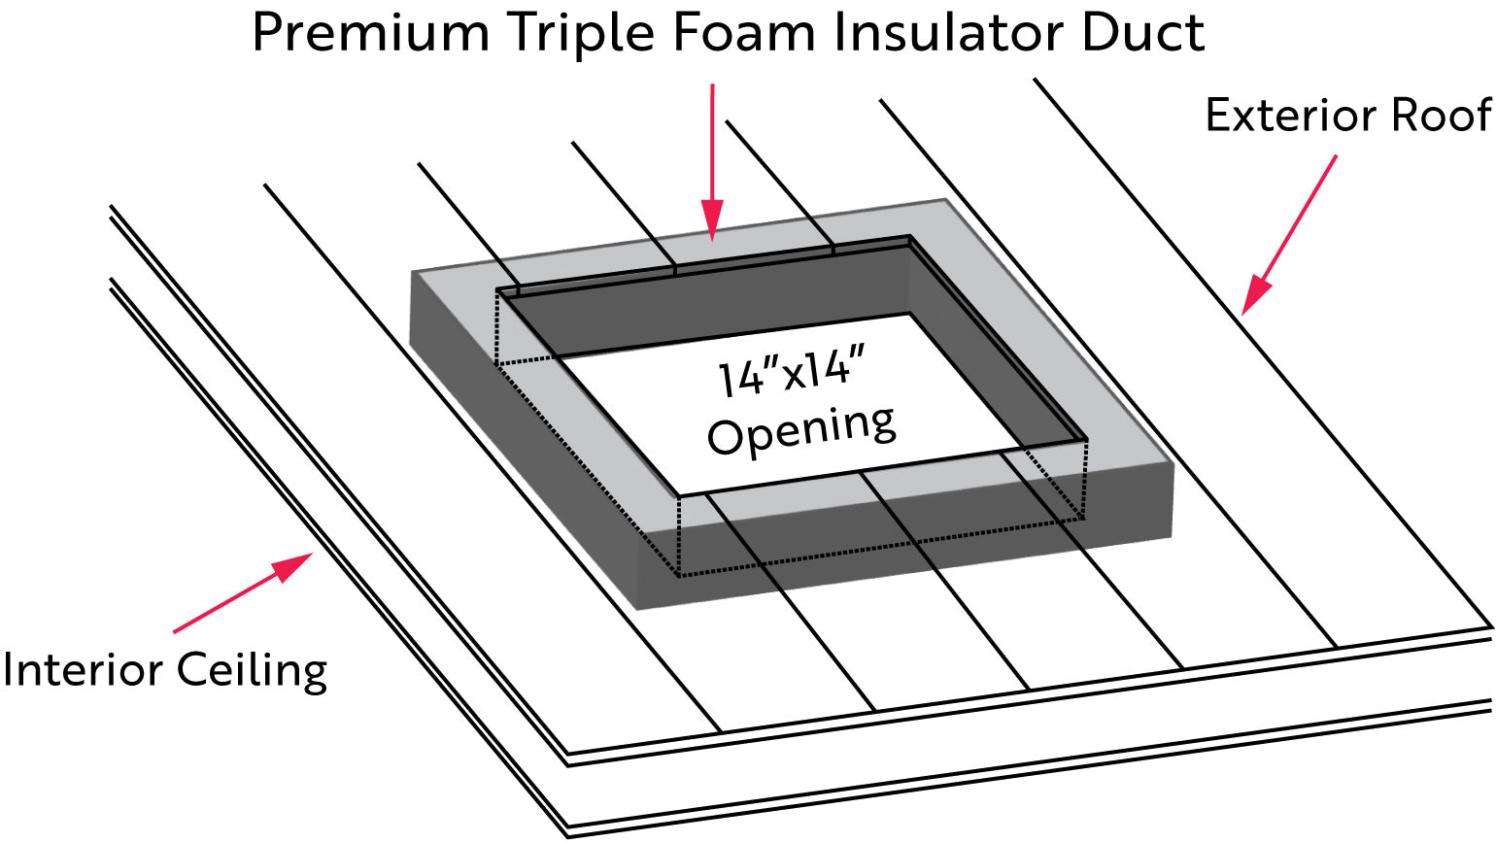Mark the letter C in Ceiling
click(x=193, y=670)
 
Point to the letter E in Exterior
click(x=1218, y=116)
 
